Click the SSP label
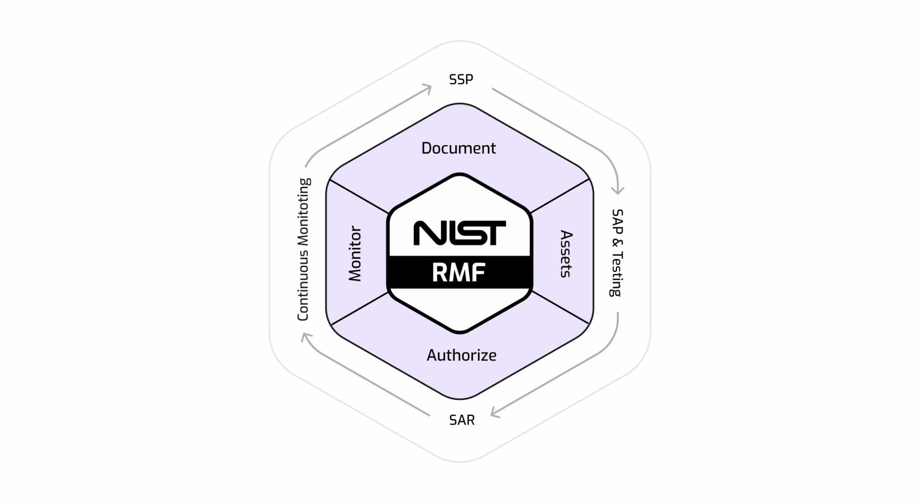(x=461, y=79)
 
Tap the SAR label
(x=462, y=420)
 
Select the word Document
(x=459, y=148)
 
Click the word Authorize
(x=461, y=355)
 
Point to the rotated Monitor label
(x=355, y=253)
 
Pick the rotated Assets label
(x=566, y=254)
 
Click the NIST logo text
(x=459, y=233)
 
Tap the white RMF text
(x=459, y=273)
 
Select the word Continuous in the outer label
(x=303, y=286)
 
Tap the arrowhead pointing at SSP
(x=427, y=88)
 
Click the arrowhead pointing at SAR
(x=495, y=412)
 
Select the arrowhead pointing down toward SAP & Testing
(x=618, y=190)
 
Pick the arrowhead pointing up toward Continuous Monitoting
(x=306, y=337)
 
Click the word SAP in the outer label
(x=617, y=221)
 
